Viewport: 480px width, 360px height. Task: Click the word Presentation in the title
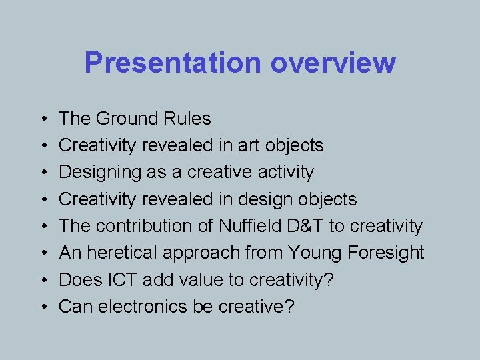coord(173,63)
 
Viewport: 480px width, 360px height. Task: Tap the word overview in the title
coord(333,63)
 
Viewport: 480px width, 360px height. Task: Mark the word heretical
coord(125,253)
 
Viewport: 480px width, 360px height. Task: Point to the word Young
coord(312,253)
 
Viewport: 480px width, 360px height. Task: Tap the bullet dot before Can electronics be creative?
coord(43,307)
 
